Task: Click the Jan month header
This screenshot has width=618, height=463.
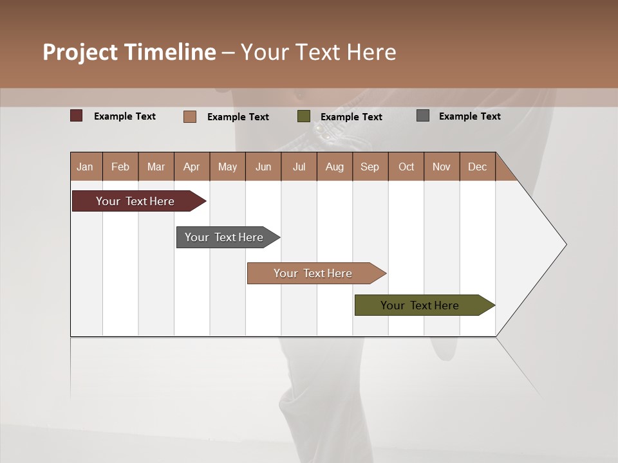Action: [86, 167]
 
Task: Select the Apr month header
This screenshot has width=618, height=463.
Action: [191, 167]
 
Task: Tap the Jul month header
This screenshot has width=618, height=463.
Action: [299, 167]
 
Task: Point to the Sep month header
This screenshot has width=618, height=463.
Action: [370, 167]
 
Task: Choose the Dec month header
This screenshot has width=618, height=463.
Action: [477, 167]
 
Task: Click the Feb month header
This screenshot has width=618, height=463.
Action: [120, 167]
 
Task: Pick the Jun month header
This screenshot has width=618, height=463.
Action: [263, 167]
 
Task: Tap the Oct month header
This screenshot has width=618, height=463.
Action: [406, 167]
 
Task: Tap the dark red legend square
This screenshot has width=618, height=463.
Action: [77, 116]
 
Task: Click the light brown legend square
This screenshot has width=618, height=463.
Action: [190, 116]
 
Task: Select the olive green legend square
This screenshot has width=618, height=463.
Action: [304, 116]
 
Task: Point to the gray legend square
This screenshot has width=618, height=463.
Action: [423, 116]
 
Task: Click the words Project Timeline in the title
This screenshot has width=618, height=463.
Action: [129, 52]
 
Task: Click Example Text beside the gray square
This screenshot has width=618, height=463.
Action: [469, 116]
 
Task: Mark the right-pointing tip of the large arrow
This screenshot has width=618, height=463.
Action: [565, 244]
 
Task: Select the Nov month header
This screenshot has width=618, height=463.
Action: [442, 167]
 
